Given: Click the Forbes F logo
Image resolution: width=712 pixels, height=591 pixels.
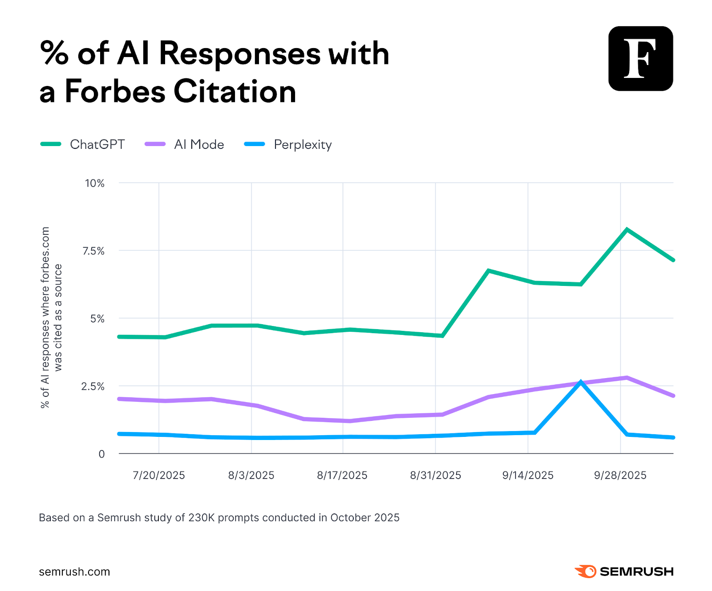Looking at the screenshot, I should click(640, 58).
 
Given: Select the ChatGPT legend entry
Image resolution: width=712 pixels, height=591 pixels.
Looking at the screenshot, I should click(97, 144).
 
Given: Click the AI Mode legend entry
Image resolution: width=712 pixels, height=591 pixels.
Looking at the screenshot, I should click(198, 144).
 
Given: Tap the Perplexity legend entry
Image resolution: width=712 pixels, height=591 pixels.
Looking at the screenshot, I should click(302, 144).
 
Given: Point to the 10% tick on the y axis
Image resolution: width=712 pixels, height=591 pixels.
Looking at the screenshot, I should click(94, 183).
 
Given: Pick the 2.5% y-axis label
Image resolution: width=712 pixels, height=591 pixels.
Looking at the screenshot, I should click(93, 387).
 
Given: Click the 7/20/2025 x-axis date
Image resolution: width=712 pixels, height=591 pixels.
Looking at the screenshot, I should click(158, 475).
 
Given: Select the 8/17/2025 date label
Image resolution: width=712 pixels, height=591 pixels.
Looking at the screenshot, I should click(342, 475).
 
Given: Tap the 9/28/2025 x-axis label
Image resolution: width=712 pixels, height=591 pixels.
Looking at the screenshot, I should click(620, 475).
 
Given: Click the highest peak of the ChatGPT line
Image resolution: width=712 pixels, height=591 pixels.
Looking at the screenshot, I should click(627, 230).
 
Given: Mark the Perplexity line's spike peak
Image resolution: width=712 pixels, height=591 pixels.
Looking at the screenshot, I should click(581, 382).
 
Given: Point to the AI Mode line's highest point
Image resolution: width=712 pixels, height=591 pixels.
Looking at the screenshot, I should click(627, 378).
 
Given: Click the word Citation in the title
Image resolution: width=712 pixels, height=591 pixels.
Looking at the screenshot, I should click(235, 91).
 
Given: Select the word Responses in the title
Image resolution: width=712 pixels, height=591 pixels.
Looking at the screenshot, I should click(239, 53).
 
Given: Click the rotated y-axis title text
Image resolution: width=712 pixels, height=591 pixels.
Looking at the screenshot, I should click(51, 317).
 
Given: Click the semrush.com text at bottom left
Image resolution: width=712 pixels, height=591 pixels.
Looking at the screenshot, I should click(74, 572).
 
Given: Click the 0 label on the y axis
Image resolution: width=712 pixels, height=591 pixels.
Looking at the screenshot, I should click(101, 454).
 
